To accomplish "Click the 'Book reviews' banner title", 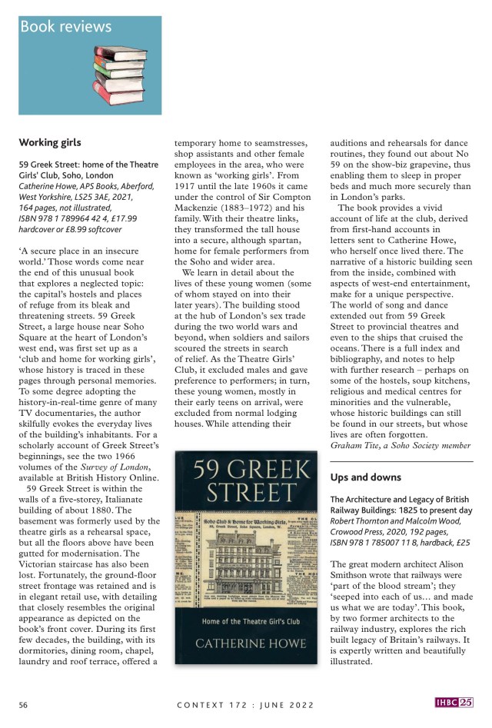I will (x=65, y=27).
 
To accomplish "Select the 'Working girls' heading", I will (x=50, y=142).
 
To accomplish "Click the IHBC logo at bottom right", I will (x=454, y=703).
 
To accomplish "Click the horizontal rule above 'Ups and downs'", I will (x=401, y=461).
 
